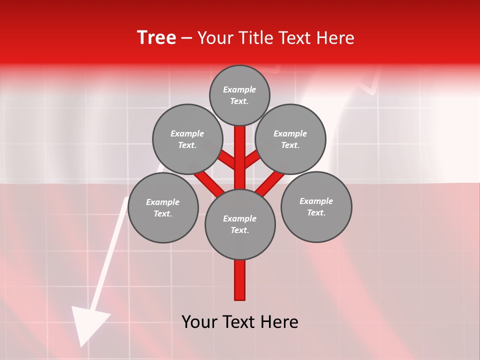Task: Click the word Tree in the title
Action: pos(156,38)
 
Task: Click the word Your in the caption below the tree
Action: pos(199,322)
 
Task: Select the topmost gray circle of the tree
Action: pos(239,95)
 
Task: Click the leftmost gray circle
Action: pos(163,208)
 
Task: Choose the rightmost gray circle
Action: pos(316,207)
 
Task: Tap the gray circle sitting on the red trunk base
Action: pos(240,224)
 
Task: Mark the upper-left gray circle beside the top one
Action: pos(187,139)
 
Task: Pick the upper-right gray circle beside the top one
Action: pos(290,139)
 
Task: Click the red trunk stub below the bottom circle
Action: pos(240,280)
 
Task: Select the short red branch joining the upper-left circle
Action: pos(226,160)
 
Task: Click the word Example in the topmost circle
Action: pos(239,89)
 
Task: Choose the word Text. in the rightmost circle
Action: pos(316,212)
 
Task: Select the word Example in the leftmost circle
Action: pos(163,202)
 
